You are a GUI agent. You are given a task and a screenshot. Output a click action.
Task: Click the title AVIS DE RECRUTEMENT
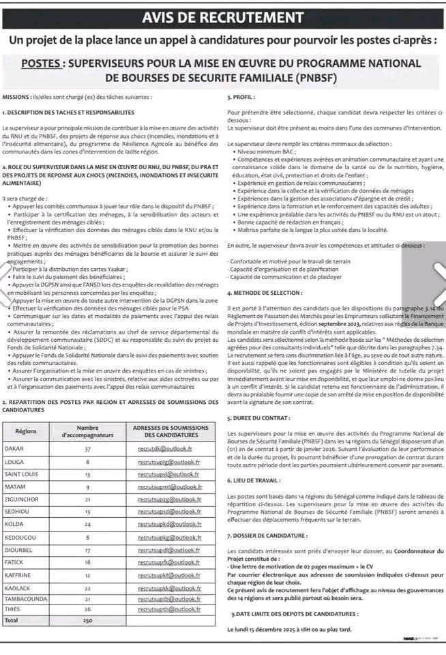click(223, 16)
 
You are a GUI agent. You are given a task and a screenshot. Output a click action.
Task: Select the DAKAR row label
click(14, 450)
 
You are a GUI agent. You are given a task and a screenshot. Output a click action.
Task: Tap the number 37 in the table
click(88, 450)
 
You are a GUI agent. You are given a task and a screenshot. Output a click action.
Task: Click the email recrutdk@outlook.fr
click(164, 450)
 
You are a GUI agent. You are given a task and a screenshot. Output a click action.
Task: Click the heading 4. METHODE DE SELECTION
click(265, 292)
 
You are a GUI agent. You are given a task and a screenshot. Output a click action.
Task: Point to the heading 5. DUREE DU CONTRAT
click(258, 417)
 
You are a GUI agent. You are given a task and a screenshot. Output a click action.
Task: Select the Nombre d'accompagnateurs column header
click(88, 432)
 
